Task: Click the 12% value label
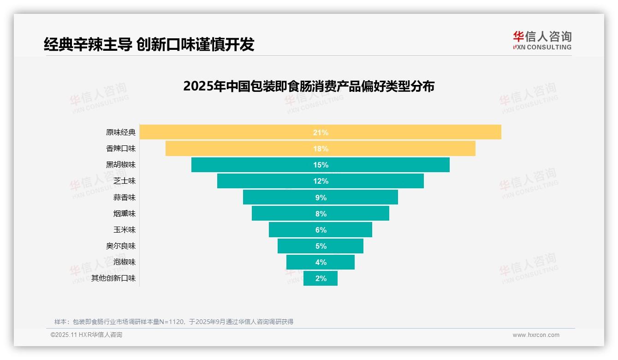321,181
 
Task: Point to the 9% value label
321,198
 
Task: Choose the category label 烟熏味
125,214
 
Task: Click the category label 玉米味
125,230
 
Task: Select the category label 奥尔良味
121,246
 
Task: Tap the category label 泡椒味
125,262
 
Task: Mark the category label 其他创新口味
113,278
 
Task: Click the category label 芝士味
125,181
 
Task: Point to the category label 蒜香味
125,198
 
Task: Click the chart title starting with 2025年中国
309,86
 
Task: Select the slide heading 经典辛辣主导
149,44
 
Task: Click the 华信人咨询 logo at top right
542,40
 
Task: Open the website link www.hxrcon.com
536,335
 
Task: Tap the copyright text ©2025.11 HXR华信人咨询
86,335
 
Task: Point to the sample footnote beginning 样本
174,322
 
